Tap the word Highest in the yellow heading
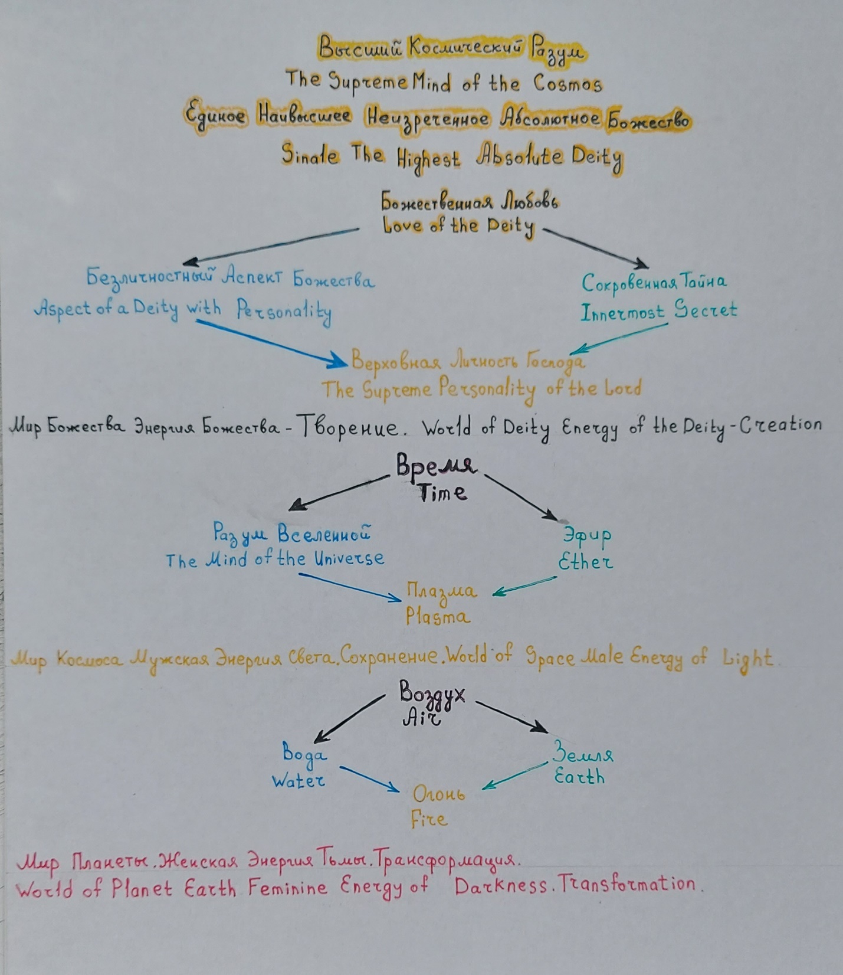[428, 158]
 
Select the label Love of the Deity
[458, 226]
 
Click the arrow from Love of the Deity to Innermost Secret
[595, 248]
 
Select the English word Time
[443, 493]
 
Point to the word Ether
[585, 561]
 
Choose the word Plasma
[437, 616]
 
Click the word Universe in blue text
[349, 558]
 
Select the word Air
[422, 717]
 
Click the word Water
[298, 781]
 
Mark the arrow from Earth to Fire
[516, 776]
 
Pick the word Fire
[429, 819]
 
